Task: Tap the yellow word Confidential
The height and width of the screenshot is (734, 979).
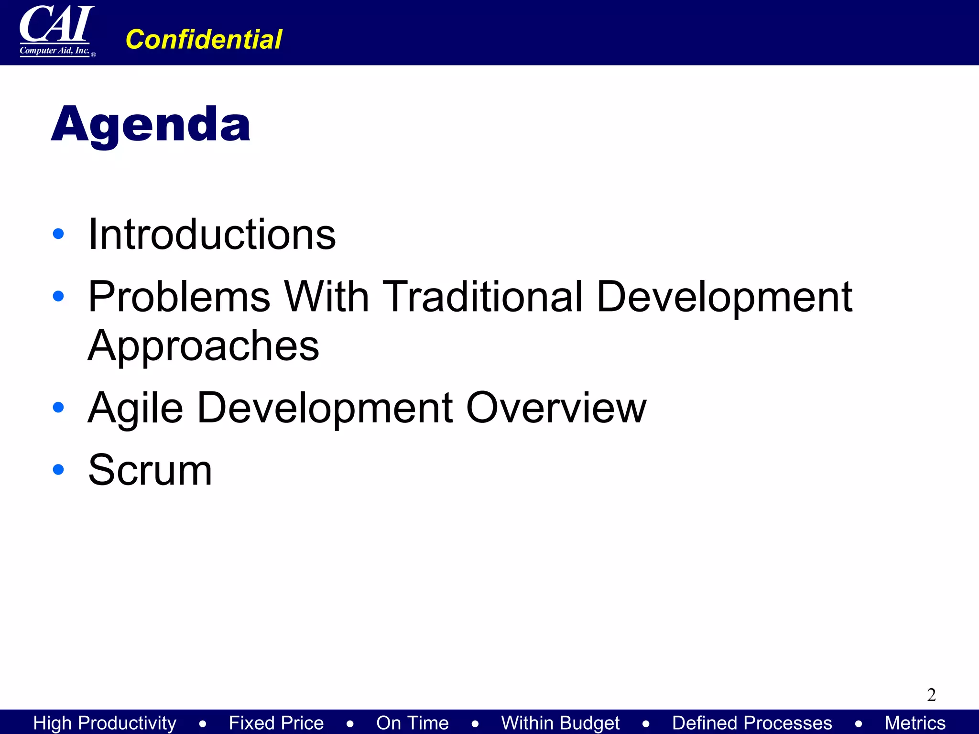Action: (204, 39)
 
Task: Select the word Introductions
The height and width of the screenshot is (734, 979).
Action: (212, 234)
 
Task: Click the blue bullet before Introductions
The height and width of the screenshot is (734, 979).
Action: (58, 234)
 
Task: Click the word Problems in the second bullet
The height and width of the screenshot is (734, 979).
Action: (179, 297)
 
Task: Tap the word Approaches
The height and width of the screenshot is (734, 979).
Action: (204, 346)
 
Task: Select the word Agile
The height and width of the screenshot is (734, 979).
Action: (136, 408)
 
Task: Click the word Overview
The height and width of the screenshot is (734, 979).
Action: (556, 408)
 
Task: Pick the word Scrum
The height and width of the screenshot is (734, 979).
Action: (150, 470)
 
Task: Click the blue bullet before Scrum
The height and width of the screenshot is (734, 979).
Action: (58, 470)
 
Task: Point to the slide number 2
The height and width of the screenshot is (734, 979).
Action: (931, 695)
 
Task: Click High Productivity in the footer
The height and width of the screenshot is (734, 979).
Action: (105, 723)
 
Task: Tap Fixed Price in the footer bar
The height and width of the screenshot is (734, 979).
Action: (276, 723)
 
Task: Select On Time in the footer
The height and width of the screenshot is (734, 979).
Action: (413, 723)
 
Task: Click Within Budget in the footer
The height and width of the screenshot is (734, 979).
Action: (560, 723)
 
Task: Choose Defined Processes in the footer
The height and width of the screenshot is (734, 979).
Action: (752, 723)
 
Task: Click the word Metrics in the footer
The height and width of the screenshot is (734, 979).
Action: (915, 723)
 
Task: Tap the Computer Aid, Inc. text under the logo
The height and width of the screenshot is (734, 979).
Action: (54, 51)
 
